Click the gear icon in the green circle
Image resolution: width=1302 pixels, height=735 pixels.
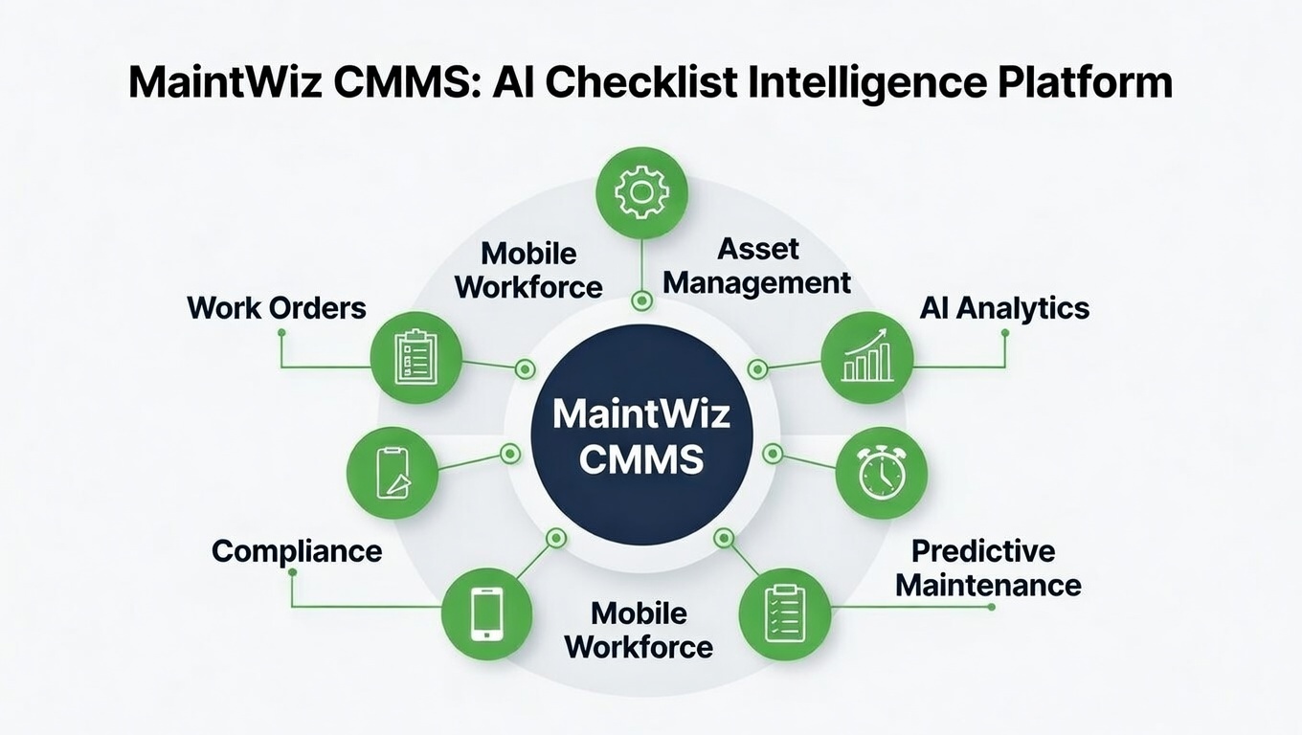pyautogui.click(x=641, y=192)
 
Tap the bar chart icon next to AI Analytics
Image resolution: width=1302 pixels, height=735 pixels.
pyautogui.click(x=867, y=357)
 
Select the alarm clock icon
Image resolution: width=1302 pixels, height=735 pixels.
pyautogui.click(x=881, y=473)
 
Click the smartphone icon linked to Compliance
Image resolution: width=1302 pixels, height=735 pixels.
pyautogui.click(x=486, y=613)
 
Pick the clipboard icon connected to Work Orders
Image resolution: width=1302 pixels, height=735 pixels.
pyautogui.click(x=415, y=357)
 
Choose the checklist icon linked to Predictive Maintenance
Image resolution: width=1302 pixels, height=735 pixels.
pyautogui.click(x=785, y=613)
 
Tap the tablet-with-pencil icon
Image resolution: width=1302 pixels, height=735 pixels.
pyautogui.click(x=393, y=473)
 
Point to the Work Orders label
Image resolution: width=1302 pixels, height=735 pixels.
pyautogui.click(x=277, y=307)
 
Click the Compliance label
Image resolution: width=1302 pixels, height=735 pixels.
pyautogui.click(x=297, y=551)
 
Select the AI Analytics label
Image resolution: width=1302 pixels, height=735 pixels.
pyautogui.click(x=1004, y=307)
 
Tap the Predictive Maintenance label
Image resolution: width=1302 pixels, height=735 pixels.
pyautogui.click(x=988, y=568)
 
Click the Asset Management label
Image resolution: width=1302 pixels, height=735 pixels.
pyautogui.click(x=756, y=266)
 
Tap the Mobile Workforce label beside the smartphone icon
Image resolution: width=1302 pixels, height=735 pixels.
pyautogui.click(x=639, y=629)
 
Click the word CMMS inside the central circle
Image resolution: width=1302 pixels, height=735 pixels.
pyautogui.click(x=641, y=459)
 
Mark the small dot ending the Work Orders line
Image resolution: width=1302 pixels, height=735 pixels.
pyautogui.click(x=281, y=332)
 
